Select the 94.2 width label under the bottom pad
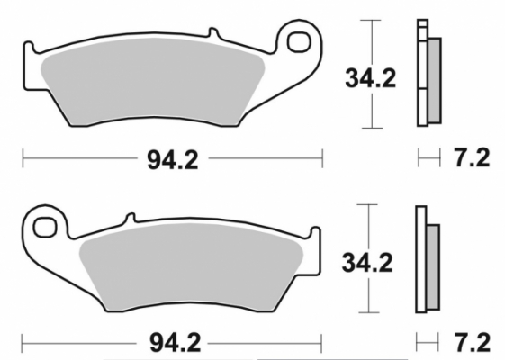tap(172, 342)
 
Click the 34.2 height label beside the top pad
tap(370, 79)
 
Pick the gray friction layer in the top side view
tap(434, 81)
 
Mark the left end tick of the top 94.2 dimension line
tap(23, 159)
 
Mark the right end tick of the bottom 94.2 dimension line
tap(321, 343)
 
